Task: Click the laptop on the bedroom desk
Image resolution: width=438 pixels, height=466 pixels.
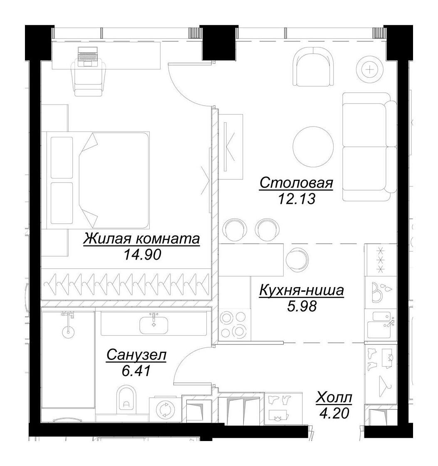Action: tap(88, 57)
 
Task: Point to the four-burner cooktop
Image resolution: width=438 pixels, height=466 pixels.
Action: tap(234, 324)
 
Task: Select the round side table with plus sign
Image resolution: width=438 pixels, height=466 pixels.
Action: tap(370, 70)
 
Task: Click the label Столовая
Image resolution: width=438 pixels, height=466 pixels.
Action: tap(296, 183)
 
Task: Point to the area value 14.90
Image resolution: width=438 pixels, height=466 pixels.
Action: tap(143, 254)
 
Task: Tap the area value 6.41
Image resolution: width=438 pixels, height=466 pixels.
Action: tap(136, 370)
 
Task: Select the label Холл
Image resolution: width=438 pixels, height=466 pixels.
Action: tap(334, 397)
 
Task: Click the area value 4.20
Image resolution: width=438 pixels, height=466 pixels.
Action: tap(334, 413)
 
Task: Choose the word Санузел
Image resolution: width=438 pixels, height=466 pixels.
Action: tap(136, 355)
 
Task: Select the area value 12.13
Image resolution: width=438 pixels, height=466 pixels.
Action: tap(297, 198)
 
